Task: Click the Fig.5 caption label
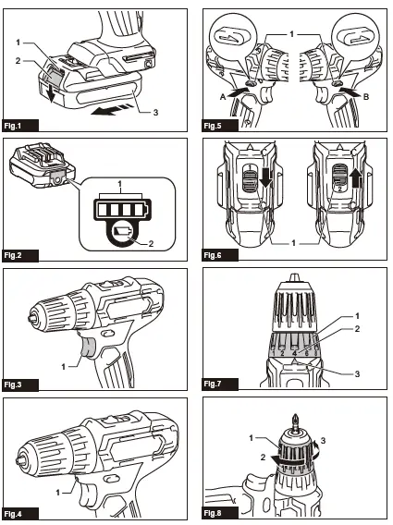[215, 125]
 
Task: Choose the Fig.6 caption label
[215, 253]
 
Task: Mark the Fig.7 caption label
[215, 383]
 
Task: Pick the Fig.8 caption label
[215, 512]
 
